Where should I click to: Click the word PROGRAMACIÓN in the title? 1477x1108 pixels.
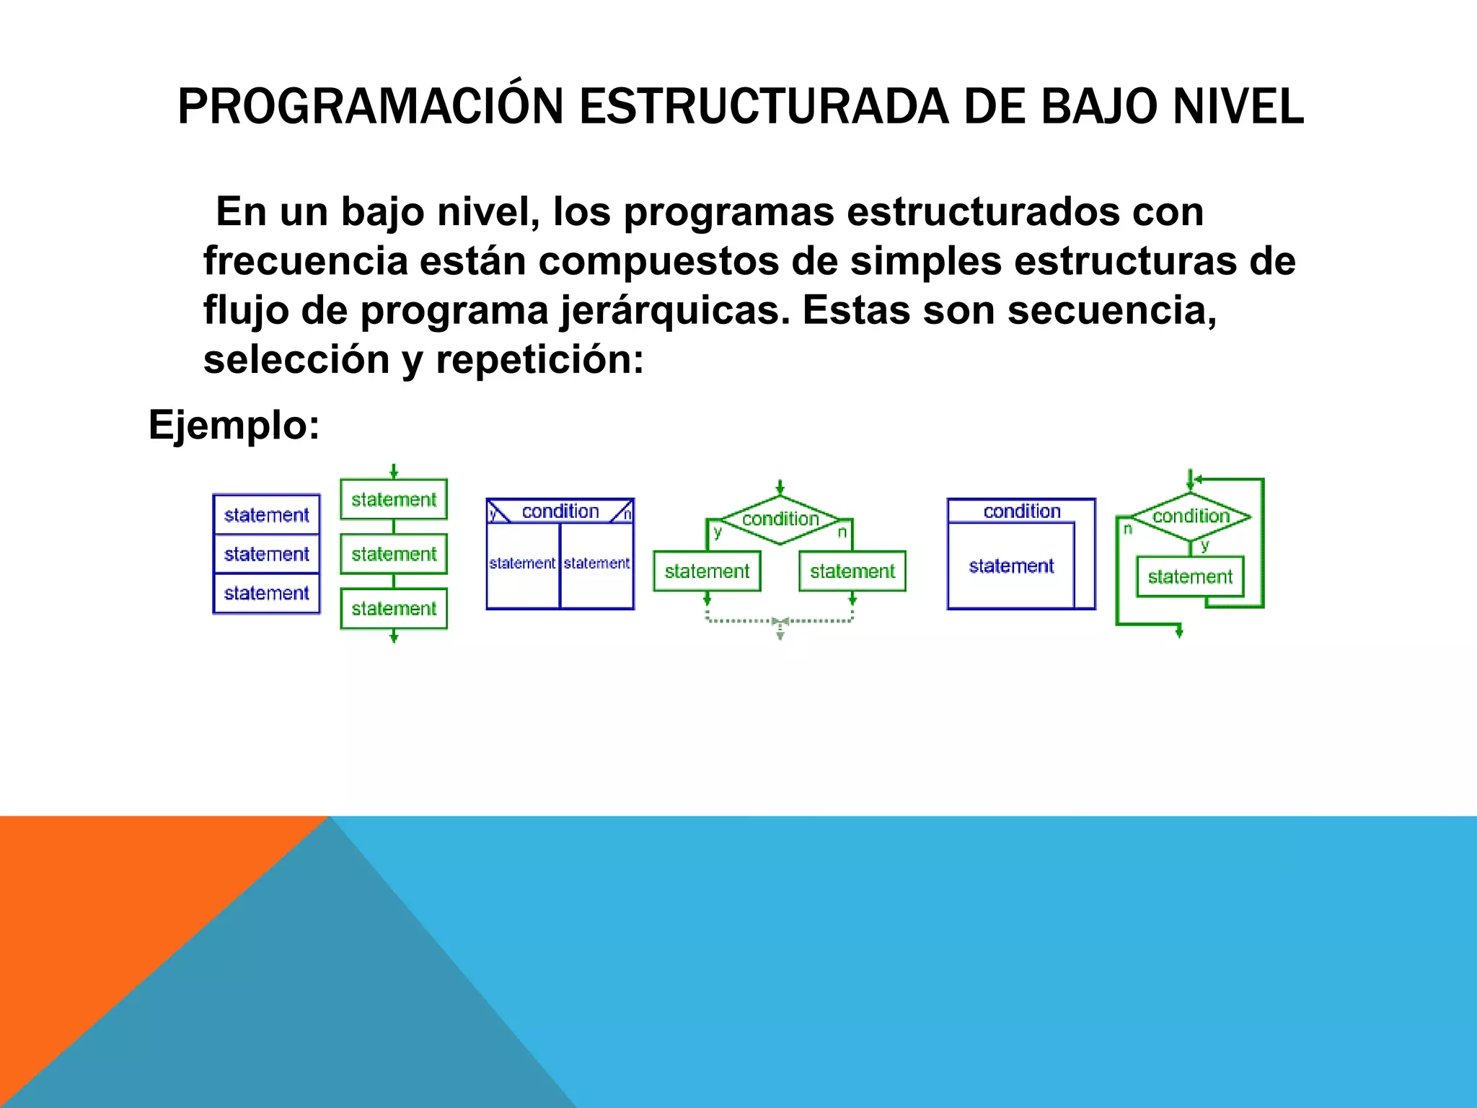pyautogui.click(x=370, y=107)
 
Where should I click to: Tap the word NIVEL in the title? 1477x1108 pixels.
pyautogui.click(x=1238, y=107)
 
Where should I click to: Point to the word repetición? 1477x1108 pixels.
pyautogui.click(x=539, y=359)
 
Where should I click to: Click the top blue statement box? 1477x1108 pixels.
pyautogui.click(x=266, y=515)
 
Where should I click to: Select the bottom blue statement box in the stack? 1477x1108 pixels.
pyautogui.click(x=266, y=593)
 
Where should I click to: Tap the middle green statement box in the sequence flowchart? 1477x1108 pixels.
pyautogui.click(x=394, y=554)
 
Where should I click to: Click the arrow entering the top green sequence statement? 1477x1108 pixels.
pyautogui.click(x=394, y=472)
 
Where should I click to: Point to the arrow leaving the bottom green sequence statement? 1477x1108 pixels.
pyautogui.click(x=394, y=636)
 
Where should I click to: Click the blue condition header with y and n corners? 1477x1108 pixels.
pyautogui.click(x=560, y=511)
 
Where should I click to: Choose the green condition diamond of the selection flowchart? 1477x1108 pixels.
pyautogui.click(x=780, y=519)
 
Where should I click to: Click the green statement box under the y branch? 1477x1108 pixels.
pyautogui.click(x=707, y=571)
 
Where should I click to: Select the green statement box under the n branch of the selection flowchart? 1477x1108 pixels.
pyautogui.click(x=852, y=571)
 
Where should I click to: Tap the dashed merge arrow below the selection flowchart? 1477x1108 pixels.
pyautogui.click(x=780, y=626)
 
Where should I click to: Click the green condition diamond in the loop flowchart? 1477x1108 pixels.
pyautogui.click(x=1191, y=516)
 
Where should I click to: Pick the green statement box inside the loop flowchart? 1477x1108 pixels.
pyautogui.click(x=1190, y=576)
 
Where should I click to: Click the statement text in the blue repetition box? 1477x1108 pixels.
pyautogui.click(x=1011, y=566)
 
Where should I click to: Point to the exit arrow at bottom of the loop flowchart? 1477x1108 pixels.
pyautogui.click(x=1179, y=630)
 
